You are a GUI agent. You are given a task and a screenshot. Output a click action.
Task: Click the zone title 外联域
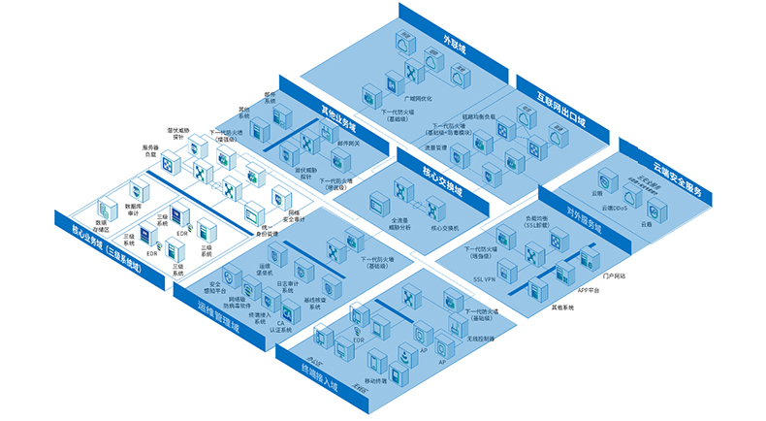454,45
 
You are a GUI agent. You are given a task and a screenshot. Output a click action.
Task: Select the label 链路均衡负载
479,116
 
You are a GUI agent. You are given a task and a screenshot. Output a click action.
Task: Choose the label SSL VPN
484,277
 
